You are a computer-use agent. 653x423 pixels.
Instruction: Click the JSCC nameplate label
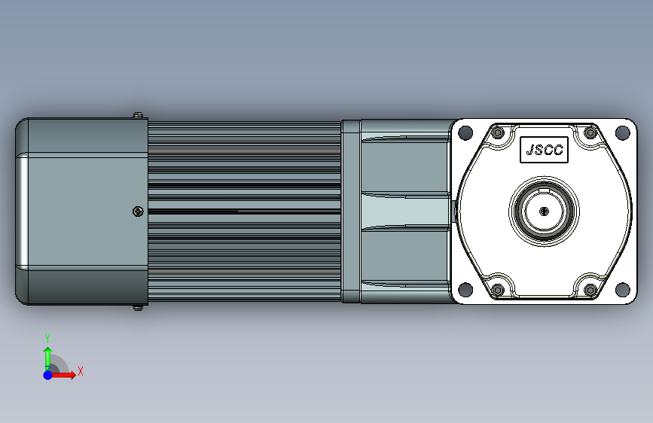coord(544,150)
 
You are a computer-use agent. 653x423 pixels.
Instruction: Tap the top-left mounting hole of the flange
coord(465,132)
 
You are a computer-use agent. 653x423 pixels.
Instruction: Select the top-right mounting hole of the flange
coord(622,132)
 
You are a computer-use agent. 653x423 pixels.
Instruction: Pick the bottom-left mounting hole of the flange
coord(465,289)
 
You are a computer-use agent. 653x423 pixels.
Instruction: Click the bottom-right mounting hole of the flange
coord(622,289)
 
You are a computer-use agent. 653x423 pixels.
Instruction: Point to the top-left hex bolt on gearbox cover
coord(498,132)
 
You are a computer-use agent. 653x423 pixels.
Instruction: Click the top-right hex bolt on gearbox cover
coord(590,132)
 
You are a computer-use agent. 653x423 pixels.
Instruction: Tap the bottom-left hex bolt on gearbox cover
coord(498,289)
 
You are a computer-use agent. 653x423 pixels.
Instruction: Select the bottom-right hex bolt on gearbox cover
coord(590,289)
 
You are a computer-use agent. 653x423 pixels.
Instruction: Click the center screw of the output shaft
coord(544,211)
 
